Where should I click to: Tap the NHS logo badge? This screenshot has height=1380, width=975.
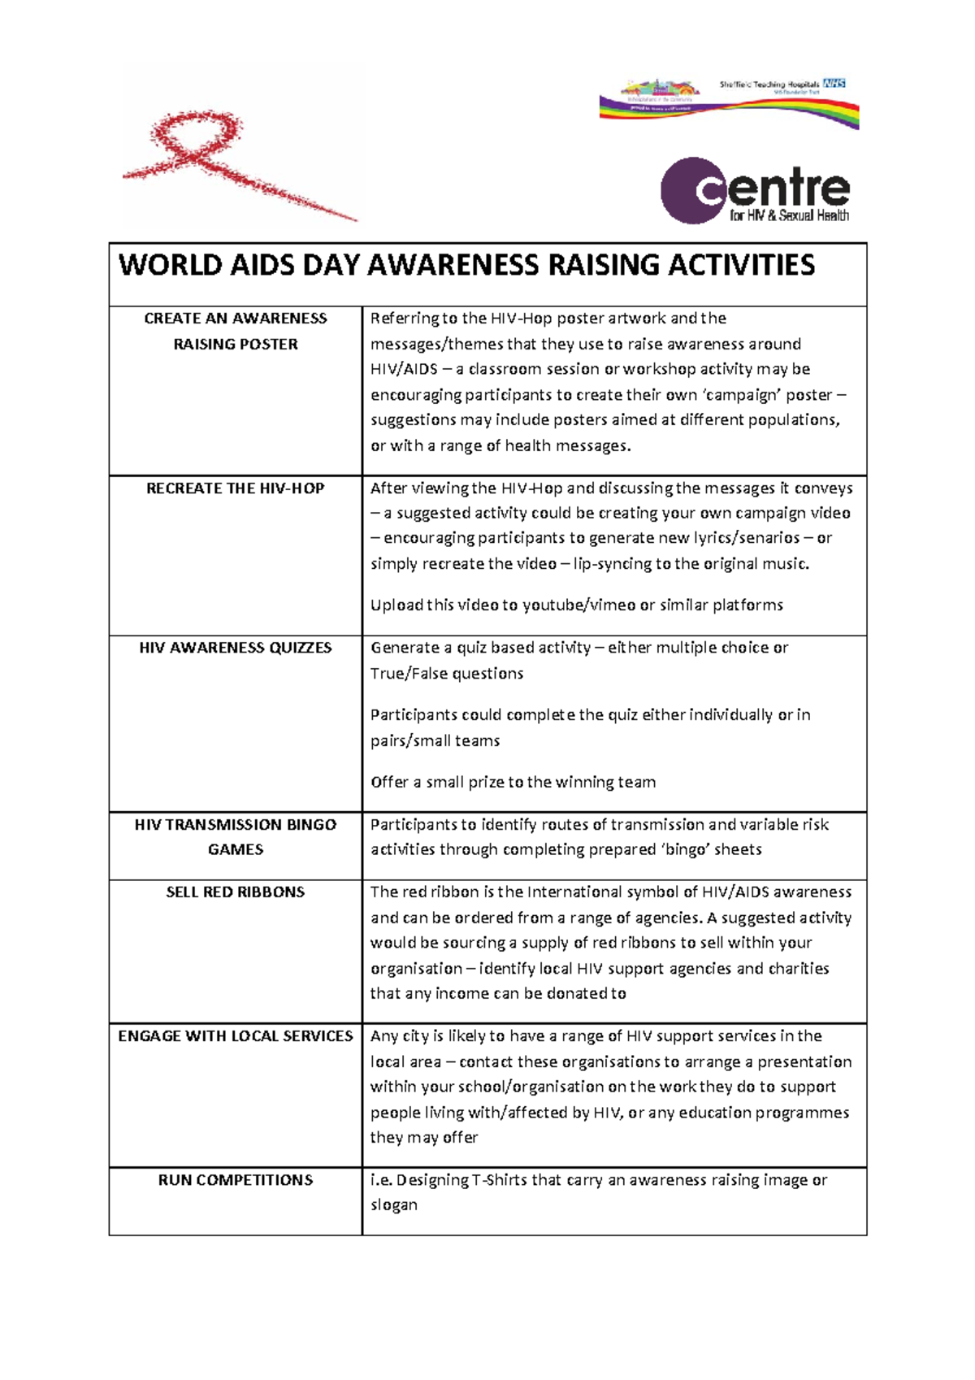(x=834, y=83)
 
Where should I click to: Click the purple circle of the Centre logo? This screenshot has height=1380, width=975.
(x=691, y=191)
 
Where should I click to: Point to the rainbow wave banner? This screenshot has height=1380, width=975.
(x=731, y=108)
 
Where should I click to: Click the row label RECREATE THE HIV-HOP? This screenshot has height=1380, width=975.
(x=235, y=488)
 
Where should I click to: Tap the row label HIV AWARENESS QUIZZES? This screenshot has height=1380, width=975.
(x=235, y=648)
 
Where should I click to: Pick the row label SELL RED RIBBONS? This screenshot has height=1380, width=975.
(x=235, y=892)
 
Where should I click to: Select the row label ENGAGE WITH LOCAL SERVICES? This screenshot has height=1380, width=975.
(x=235, y=1036)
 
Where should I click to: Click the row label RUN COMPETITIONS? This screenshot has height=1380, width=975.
(x=235, y=1180)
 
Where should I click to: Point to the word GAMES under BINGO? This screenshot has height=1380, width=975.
(x=235, y=849)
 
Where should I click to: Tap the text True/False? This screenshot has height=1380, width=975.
(x=409, y=674)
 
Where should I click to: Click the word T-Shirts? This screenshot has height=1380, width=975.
(x=499, y=1180)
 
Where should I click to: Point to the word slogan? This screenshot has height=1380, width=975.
(x=393, y=1205)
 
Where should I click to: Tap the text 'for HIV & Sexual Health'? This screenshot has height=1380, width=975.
(x=789, y=216)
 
